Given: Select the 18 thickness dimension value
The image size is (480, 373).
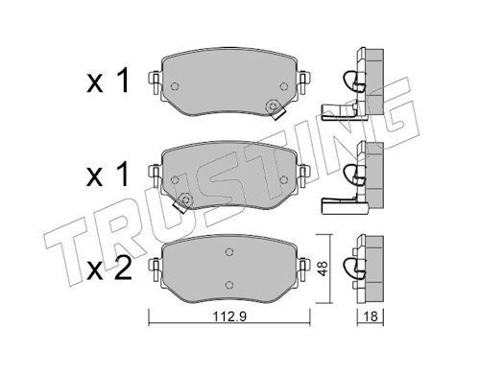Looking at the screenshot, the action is click(371, 316).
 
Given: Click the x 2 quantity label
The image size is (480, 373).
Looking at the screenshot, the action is click(108, 268).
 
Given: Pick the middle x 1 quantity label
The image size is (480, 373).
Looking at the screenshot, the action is click(108, 174).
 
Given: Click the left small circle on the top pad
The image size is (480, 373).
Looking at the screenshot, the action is click(175, 86).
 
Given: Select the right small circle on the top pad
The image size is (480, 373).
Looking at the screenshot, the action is click(283, 86).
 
